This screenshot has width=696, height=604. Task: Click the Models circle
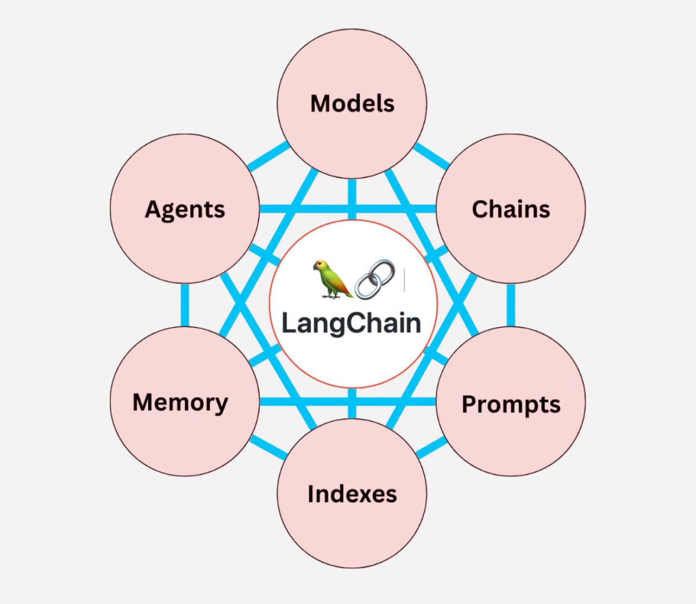tap(352, 103)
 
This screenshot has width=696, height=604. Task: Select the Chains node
tap(511, 209)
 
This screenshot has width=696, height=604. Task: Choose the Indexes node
tap(352, 494)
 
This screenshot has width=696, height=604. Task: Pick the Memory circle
tap(184, 402)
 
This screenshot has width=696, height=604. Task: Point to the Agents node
tap(184, 209)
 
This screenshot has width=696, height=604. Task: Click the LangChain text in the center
tap(351, 323)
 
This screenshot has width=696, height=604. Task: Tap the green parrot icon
tap(332, 279)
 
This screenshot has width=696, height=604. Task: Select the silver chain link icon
tap(375, 279)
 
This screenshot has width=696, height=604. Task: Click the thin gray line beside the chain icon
tap(404, 280)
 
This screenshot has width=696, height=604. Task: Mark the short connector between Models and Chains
tap(432, 156)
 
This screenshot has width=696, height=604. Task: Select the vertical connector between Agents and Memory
tap(185, 305)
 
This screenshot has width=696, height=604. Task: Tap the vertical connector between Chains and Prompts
tap(511, 305)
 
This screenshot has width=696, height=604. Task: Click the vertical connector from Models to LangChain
tap(352, 199)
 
